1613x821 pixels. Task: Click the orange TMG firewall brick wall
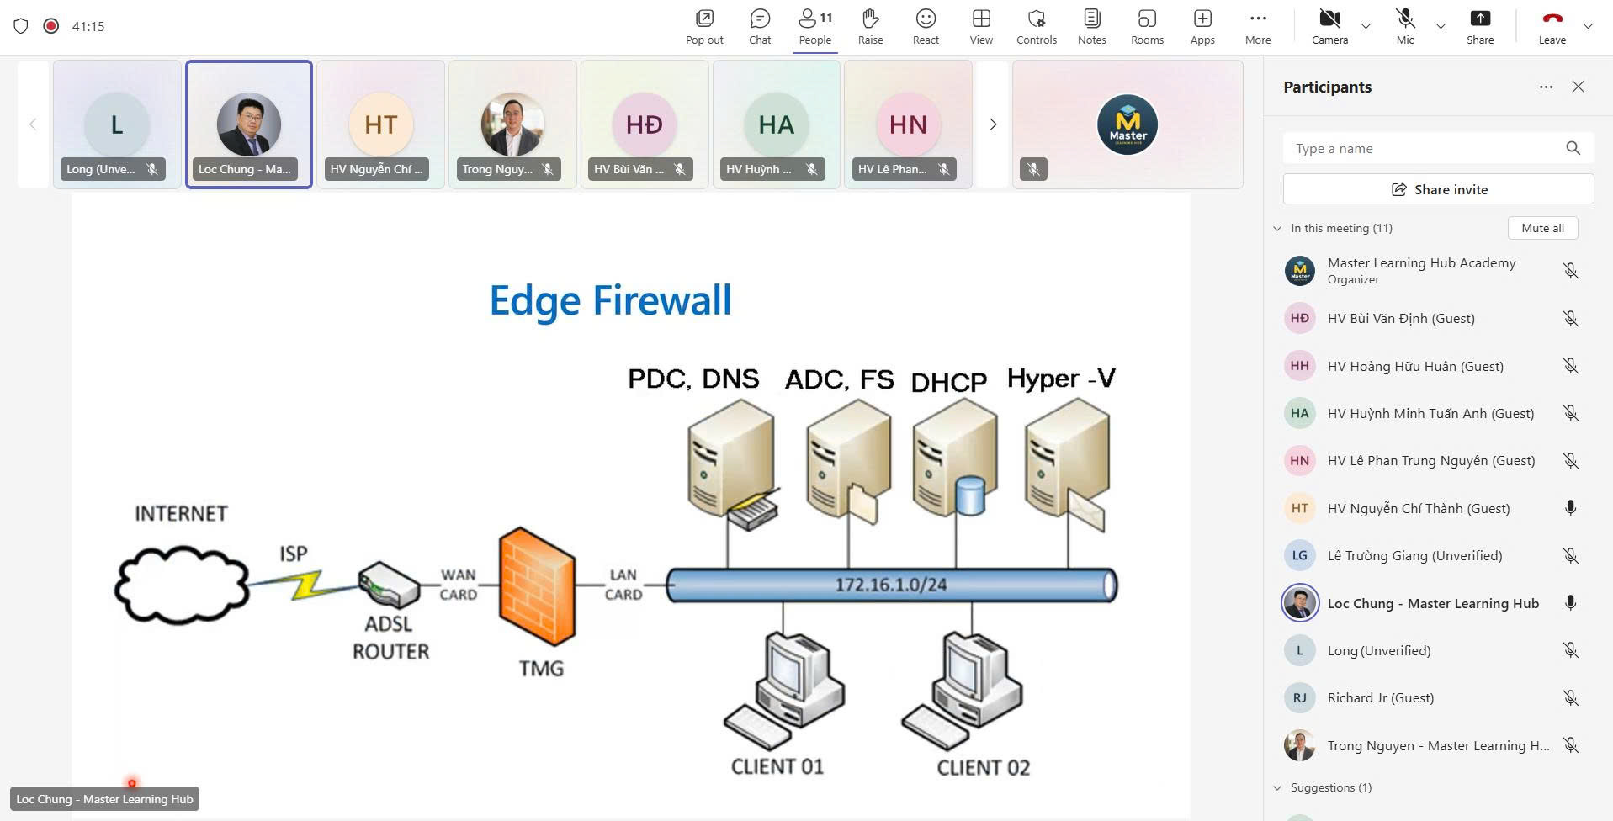[x=537, y=586]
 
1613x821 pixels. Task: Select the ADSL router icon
[x=389, y=585]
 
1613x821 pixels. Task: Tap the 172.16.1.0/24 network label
[x=890, y=585]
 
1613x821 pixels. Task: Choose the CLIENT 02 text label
[x=983, y=767]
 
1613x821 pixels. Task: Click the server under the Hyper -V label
[x=1066, y=463]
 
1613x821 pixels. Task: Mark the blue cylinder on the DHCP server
[x=970, y=495]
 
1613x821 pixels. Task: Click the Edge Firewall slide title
[x=610, y=300]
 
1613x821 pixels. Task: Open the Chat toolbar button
[x=760, y=27]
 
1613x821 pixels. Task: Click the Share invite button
[x=1438, y=189]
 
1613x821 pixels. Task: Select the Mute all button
[x=1542, y=228]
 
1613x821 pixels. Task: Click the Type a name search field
[x=1422, y=149]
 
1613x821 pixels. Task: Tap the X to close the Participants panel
[x=1578, y=87]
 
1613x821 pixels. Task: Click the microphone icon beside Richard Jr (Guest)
[x=1570, y=698]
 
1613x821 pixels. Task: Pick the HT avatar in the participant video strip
[x=380, y=124]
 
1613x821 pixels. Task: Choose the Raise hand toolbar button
[x=870, y=27]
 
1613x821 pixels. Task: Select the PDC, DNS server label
[x=693, y=379]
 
